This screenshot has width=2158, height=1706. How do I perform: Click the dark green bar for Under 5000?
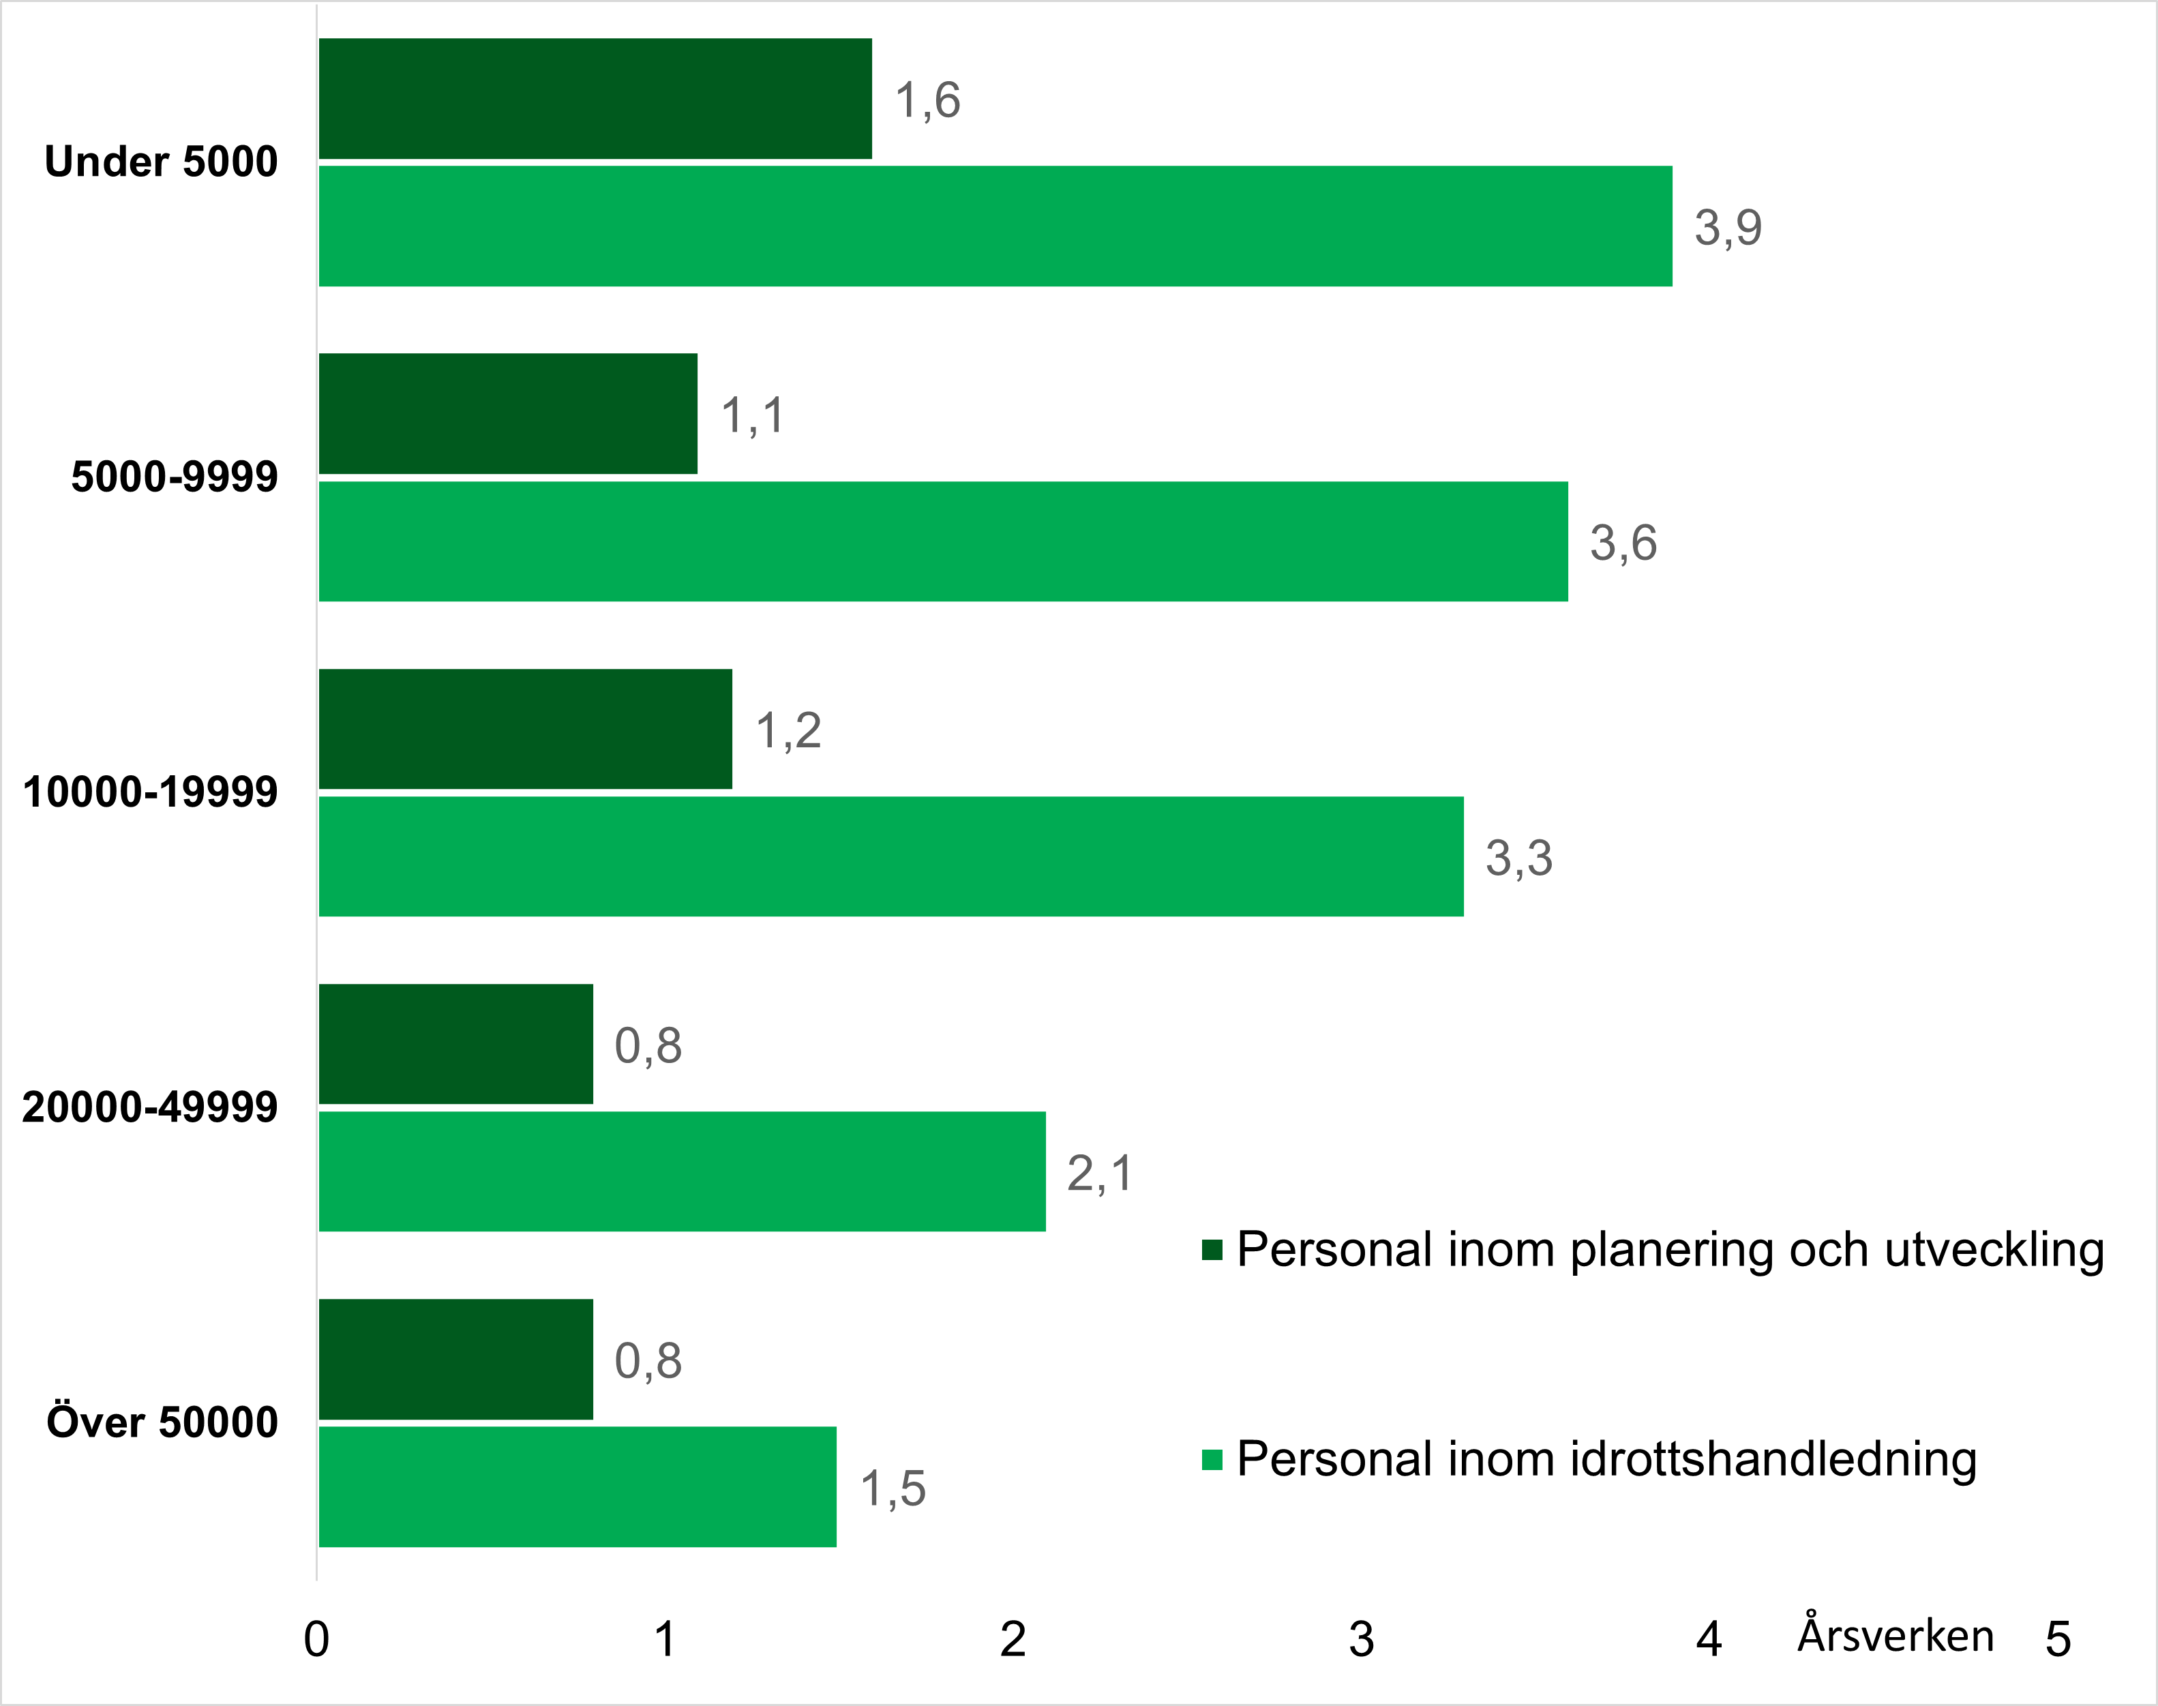coord(595,99)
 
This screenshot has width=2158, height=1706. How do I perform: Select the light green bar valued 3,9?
coord(995,227)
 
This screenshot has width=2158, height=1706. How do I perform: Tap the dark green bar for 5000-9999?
coord(507,413)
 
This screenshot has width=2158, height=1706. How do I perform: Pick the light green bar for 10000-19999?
coord(890,856)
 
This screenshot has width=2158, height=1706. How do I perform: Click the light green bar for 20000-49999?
coord(682,1171)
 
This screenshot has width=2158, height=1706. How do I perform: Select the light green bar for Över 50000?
coord(578,1486)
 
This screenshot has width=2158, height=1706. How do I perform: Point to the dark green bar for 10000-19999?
coord(525,729)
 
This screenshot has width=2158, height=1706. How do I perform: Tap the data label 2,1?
coord(1100,1173)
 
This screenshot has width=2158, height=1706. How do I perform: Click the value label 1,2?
coord(788,730)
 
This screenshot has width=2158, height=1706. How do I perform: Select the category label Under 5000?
coord(161,162)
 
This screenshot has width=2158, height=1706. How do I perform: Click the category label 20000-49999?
coord(150,1107)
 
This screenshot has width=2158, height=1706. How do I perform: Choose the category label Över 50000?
coord(162,1422)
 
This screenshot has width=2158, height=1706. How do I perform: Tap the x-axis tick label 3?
coord(1361,1639)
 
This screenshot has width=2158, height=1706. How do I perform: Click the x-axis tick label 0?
coord(316,1639)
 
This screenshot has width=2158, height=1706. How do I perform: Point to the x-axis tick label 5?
coord(2057,1639)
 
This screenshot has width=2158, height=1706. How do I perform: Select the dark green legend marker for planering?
coord(1212,1250)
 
